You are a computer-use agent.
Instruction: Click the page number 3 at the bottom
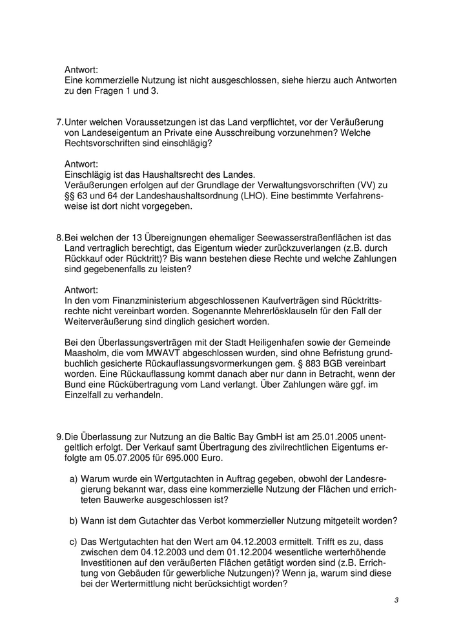[396, 601]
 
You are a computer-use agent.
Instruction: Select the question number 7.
[59, 123]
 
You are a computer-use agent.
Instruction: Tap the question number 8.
[59, 238]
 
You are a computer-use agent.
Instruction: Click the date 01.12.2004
[214, 551]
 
